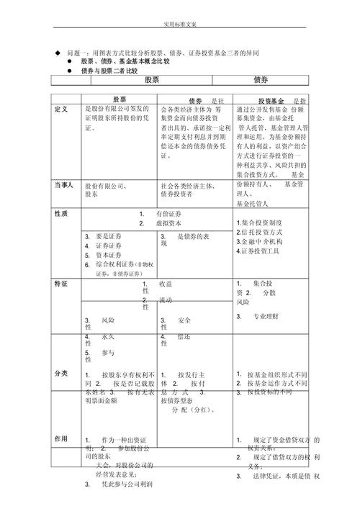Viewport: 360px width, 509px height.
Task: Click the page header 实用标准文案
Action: click(180, 24)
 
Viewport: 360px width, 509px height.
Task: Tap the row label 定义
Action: click(61, 109)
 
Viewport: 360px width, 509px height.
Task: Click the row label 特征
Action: click(60, 284)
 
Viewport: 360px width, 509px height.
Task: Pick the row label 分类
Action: click(60, 374)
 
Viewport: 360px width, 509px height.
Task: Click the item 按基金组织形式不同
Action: click(276, 375)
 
